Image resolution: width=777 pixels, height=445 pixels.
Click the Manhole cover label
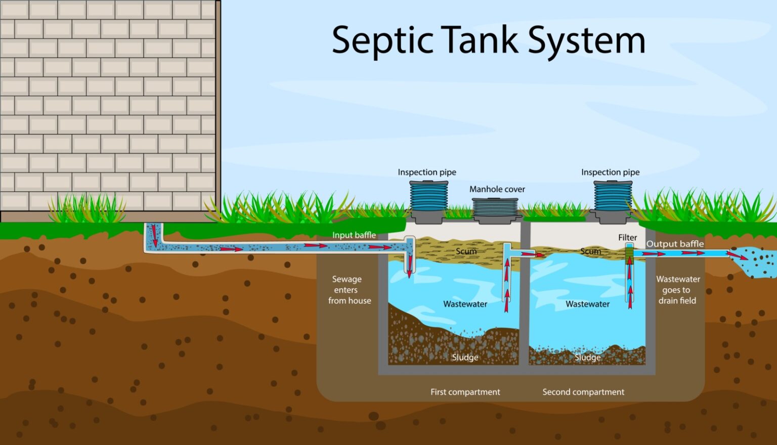tap(497, 189)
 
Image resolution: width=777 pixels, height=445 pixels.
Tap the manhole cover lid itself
tap(496, 208)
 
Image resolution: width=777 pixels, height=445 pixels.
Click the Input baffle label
tap(354, 235)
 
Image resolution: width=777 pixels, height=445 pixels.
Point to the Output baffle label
tap(675, 244)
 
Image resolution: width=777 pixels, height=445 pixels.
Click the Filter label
tap(627, 237)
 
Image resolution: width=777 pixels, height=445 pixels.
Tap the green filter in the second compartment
tap(629, 251)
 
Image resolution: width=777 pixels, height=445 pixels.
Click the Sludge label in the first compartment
tap(465, 358)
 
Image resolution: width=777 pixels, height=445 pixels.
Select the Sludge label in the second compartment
tap(587, 358)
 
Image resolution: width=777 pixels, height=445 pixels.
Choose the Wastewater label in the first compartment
tap(465, 304)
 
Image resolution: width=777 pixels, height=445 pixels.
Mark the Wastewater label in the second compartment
tap(587, 304)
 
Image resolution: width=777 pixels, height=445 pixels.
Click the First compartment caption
tap(465, 392)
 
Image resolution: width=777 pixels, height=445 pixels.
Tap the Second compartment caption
tap(583, 392)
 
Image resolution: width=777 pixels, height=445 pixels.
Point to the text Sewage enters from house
tap(349, 290)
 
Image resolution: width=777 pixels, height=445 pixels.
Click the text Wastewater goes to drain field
tap(677, 290)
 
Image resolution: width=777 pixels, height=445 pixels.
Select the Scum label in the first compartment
tap(466, 251)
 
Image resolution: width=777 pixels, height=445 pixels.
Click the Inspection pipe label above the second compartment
tap(610, 172)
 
